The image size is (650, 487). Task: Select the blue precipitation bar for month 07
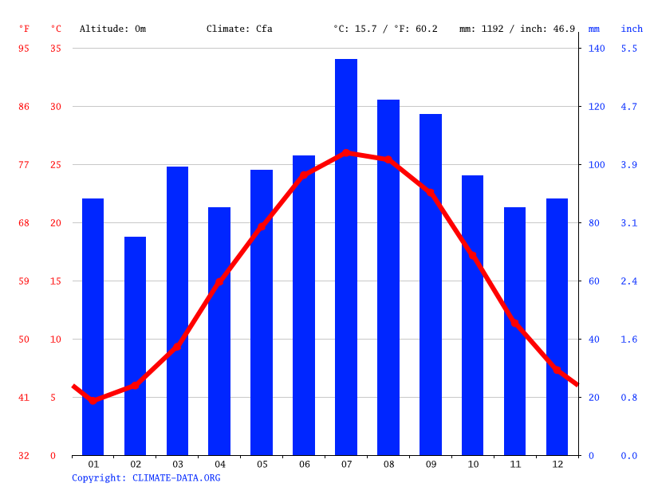pos(346,257)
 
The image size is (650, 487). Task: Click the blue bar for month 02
pos(135,346)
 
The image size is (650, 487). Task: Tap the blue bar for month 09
pos(431,285)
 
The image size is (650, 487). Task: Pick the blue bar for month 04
pos(219,331)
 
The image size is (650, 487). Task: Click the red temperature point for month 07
pos(346,152)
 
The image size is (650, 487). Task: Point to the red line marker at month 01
pos(93,400)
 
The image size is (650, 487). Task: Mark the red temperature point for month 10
pos(473,257)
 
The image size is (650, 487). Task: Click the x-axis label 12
pos(557,464)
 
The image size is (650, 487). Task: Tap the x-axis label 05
pos(262,464)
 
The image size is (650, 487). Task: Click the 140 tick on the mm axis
pos(597,49)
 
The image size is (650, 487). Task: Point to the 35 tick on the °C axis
pos(55,49)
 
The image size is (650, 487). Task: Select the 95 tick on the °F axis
pos(24,49)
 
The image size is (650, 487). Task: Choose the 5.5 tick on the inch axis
pos(629,49)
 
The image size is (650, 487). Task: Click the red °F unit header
pos(24,29)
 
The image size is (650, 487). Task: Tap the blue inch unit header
pos(632,29)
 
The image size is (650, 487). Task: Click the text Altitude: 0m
pos(112,29)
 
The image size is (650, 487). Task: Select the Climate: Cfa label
pos(239,29)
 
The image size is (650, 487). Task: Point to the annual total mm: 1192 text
pos(486,29)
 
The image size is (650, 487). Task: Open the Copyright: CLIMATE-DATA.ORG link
pos(146,477)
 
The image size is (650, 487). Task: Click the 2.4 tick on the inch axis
pos(629,281)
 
